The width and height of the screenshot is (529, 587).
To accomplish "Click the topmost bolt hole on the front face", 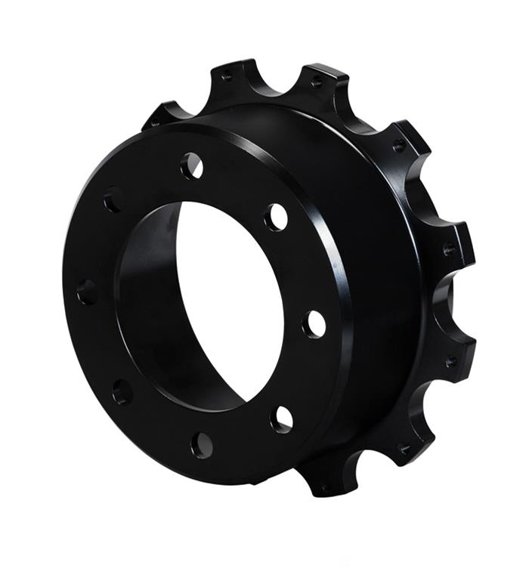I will [192, 165].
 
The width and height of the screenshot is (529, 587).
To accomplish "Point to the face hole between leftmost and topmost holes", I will [114, 199].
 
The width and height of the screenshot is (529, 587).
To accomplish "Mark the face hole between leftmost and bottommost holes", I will [122, 391].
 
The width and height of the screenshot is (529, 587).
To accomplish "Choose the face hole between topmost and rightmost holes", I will [276, 217].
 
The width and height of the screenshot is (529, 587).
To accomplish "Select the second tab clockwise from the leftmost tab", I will [227, 76].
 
